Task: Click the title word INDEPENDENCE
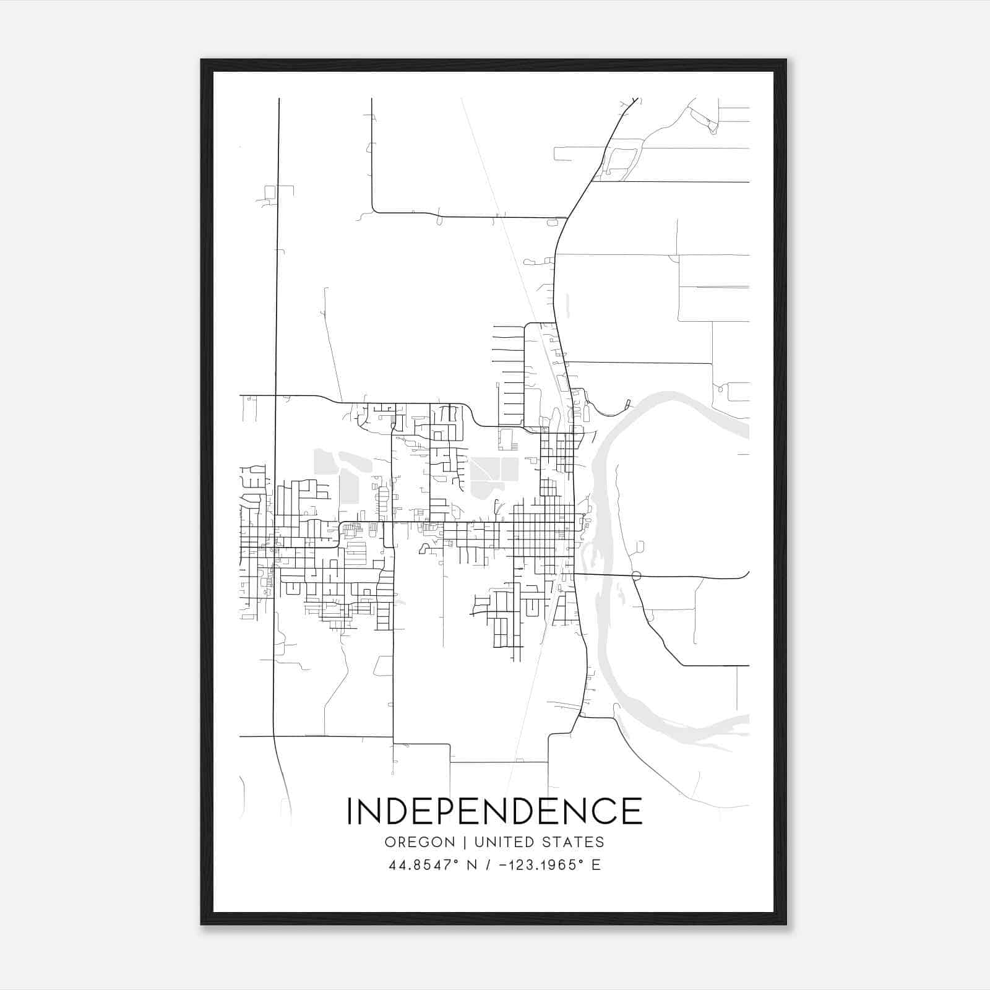tap(494, 811)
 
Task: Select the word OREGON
tap(420, 842)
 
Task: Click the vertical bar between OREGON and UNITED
tap(464, 842)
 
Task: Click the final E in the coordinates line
tap(596, 865)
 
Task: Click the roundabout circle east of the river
tap(636, 576)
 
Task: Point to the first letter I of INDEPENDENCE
tap(350, 811)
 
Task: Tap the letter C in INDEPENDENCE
tap(600, 811)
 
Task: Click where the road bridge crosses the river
tap(603, 575)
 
